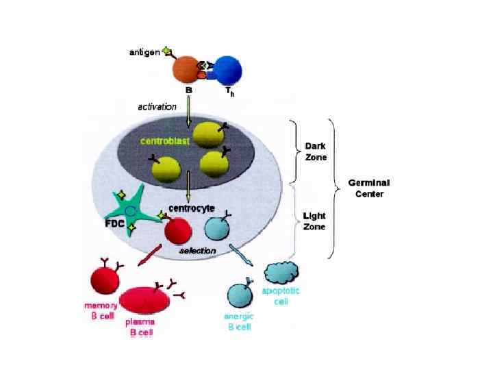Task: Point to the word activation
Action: tap(157, 106)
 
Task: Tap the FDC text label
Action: tap(114, 224)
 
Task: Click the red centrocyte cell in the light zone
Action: tap(178, 230)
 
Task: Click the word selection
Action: tap(197, 251)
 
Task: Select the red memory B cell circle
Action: tap(105, 282)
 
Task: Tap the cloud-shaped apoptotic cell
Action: tap(281, 273)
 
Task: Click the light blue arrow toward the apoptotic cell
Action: tap(243, 254)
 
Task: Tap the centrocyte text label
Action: tap(192, 208)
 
